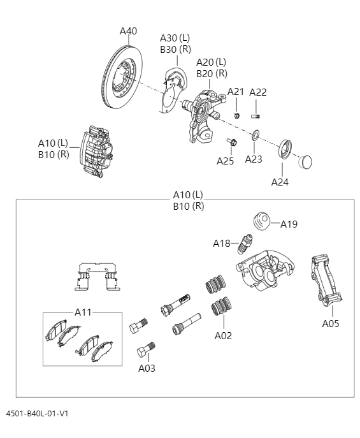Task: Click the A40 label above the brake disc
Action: pos(128,31)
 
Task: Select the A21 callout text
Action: pos(236,92)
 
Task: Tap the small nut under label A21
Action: pos(236,115)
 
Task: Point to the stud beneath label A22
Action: pos(258,116)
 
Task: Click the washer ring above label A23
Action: pos(255,135)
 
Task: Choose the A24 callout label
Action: pos(280,182)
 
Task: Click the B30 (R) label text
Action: pos(175,49)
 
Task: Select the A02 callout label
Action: pos(223,335)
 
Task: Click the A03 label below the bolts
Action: pos(147,368)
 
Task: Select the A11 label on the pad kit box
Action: pos(83,312)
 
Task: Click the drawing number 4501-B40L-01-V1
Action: pos(37,414)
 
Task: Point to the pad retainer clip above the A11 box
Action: pos(96,278)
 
